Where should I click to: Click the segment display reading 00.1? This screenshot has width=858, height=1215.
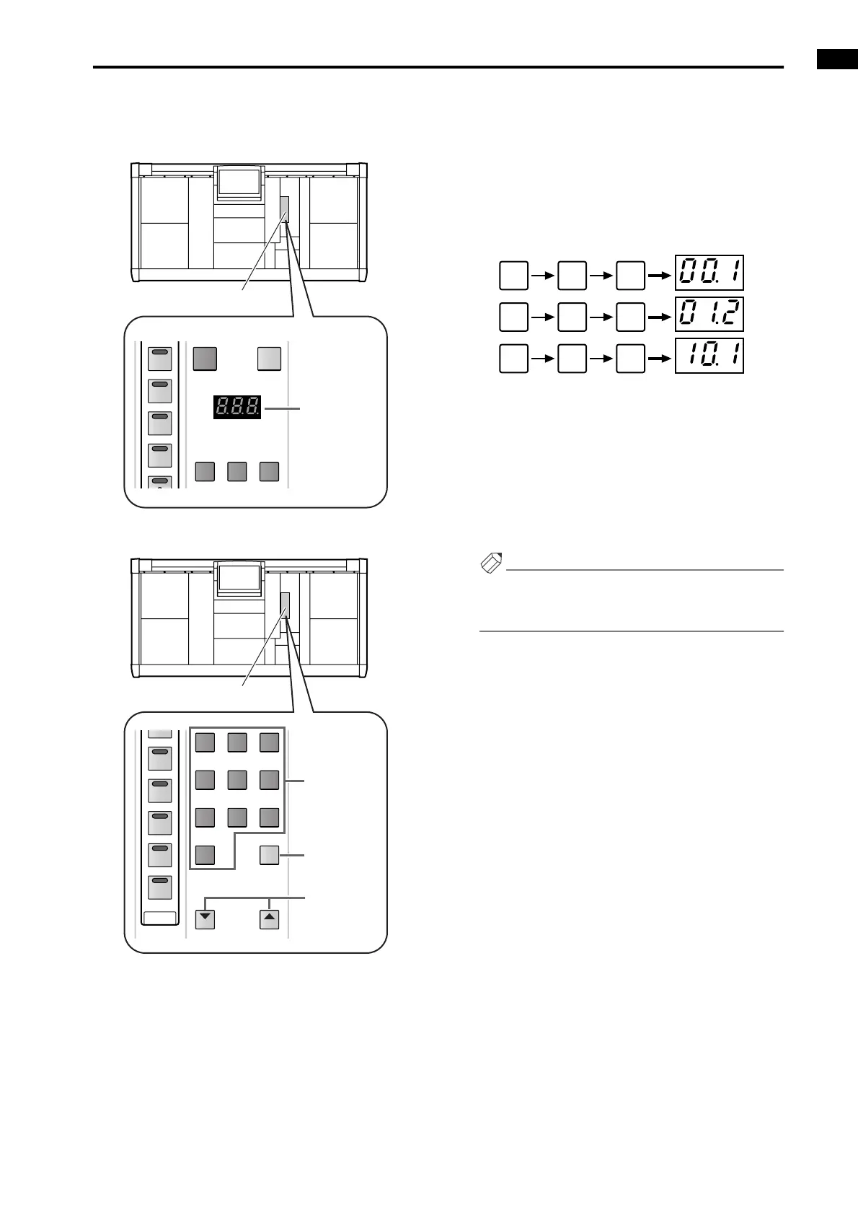[x=709, y=273]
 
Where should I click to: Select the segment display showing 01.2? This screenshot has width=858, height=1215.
[x=709, y=315]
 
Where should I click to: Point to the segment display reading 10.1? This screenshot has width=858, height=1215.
[x=709, y=356]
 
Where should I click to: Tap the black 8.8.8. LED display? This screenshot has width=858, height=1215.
[x=237, y=408]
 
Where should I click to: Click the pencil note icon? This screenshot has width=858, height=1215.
[x=491, y=563]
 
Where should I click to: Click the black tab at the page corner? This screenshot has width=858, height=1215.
[x=837, y=59]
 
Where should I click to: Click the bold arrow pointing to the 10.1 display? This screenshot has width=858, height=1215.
[x=660, y=358]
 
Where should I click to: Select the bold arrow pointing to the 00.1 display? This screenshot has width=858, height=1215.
[x=660, y=275]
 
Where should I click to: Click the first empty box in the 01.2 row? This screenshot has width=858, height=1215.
[x=513, y=317]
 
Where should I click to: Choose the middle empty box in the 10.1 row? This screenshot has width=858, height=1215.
[x=572, y=358]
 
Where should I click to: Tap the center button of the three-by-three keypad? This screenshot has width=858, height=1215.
[x=237, y=779]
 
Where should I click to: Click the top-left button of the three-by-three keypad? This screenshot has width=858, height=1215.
[x=205, y=742]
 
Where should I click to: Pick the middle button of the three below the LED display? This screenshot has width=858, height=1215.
[x=237, y=471]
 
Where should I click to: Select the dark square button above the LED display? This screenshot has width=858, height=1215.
[x=205, y=358]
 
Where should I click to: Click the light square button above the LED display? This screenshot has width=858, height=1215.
[x=269, y=358]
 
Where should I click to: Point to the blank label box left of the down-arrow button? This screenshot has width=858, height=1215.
[x=160, y=918]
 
